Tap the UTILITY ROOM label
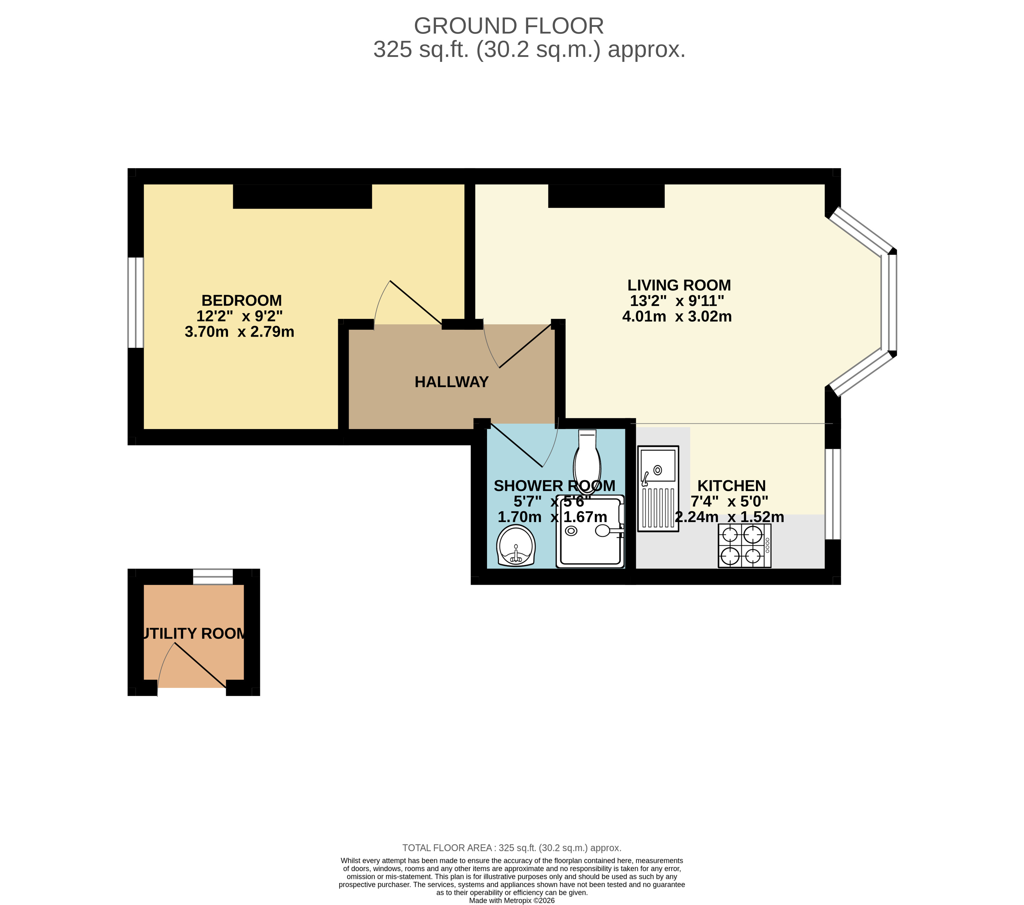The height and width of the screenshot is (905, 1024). coord(194,634)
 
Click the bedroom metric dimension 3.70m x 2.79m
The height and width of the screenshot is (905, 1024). coord(239,332)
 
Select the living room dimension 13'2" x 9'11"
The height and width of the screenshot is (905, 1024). coord(677,301)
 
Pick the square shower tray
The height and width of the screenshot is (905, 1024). coord(590,532)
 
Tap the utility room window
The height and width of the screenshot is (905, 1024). coord(213,576)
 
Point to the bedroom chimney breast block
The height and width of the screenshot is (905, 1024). coord(302,196)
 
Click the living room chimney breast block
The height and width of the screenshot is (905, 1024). coord(606,196)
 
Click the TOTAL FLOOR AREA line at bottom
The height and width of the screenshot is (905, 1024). coord(512,848)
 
